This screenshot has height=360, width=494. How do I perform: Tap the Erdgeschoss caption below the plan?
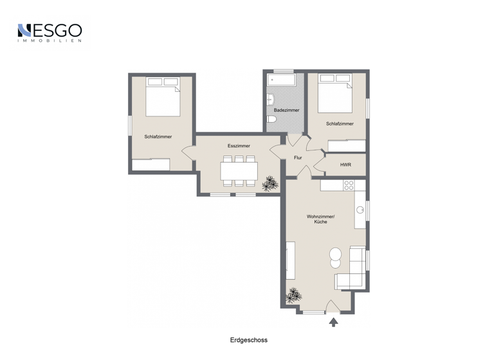point(248,340)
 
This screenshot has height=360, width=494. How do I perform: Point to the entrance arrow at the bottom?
point(333,322)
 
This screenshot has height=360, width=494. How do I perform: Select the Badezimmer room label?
point(286,111)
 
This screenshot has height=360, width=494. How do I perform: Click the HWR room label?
point(345,165)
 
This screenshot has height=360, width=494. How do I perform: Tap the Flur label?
point(298,157)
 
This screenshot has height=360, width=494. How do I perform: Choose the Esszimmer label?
point(239,146)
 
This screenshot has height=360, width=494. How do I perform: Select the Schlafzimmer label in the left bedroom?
point(158,136)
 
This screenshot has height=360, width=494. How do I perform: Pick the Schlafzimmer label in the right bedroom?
point(339,123)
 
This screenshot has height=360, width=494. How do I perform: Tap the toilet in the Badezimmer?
point(271,120)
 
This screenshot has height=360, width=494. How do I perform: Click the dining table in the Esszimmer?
point(239,170)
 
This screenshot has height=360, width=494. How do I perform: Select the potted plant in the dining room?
point(271,184)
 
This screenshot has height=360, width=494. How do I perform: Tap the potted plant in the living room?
point(294,295)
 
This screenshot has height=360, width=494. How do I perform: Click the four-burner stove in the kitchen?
point(348,185)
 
